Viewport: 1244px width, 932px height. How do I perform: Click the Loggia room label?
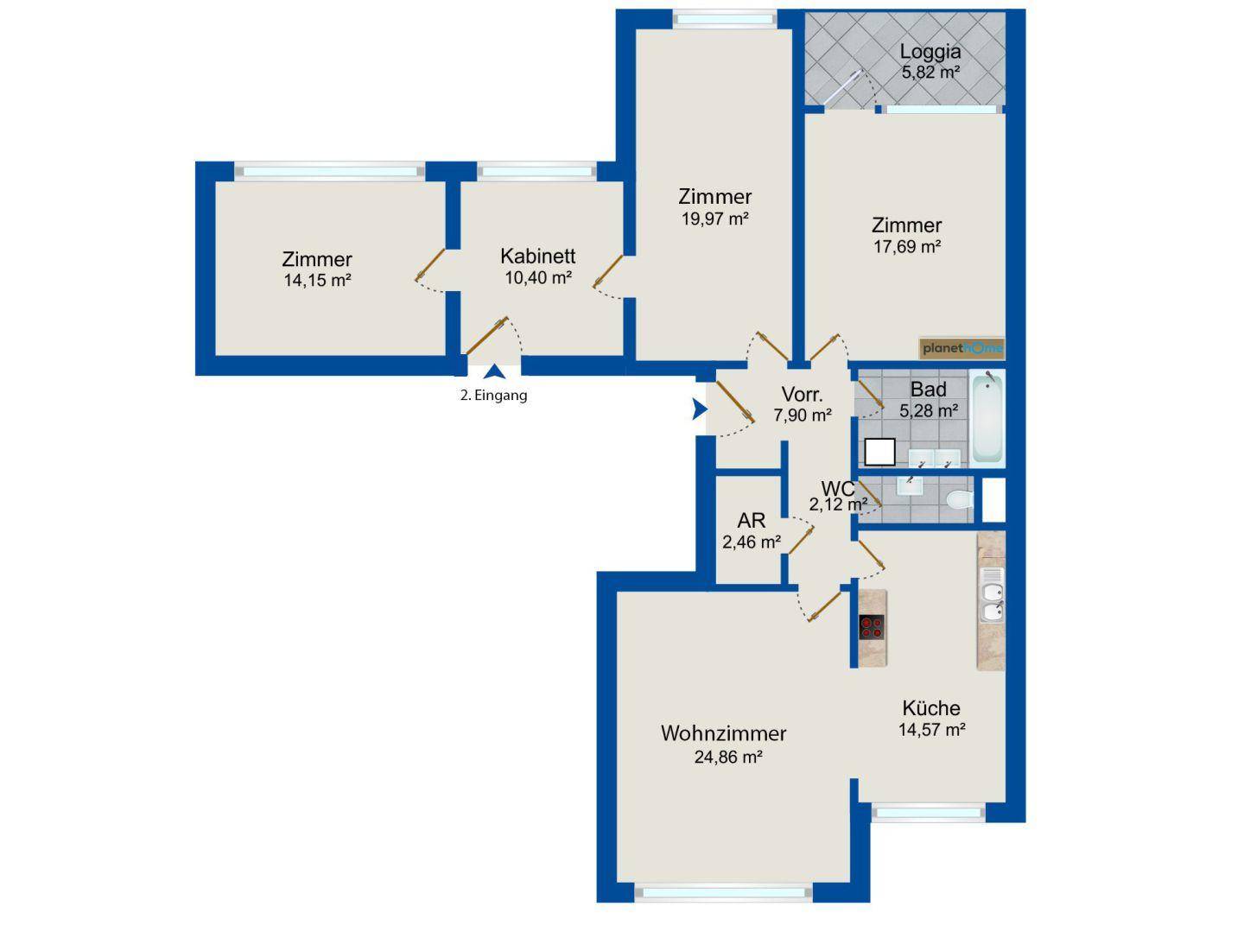tap(930, 52)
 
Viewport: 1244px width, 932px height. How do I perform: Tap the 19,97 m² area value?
tap(715, 219)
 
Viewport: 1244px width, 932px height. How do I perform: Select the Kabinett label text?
tap(538, 256)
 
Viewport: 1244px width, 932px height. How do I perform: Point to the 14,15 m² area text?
tap(317, 280)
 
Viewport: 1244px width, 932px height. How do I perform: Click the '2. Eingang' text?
tap(493, 395)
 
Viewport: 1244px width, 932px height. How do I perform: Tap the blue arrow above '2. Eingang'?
tap(495, 371)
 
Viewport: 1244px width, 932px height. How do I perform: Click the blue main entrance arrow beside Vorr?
tap(700, 408)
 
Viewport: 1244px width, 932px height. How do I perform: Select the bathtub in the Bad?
tap(987, 418)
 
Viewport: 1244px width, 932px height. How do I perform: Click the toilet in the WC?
tap(960, 499)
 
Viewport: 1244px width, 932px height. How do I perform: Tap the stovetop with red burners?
tap(872, 627)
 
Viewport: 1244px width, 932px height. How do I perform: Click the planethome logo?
tap(962, 348)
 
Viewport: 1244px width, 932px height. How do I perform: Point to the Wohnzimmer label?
tap(723, 733)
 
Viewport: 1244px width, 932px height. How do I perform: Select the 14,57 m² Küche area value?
tap(932, 729)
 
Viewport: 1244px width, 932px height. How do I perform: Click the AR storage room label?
tap(752, 520)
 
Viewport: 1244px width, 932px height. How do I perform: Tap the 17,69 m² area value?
tap(907, 246)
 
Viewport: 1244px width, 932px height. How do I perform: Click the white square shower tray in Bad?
tap(879, 452)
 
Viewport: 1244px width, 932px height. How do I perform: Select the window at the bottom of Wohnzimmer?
tap(723, 893)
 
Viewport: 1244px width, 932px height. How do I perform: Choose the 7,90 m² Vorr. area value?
tap(803, 415)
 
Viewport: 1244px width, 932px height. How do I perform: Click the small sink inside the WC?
tap(910, 485)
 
